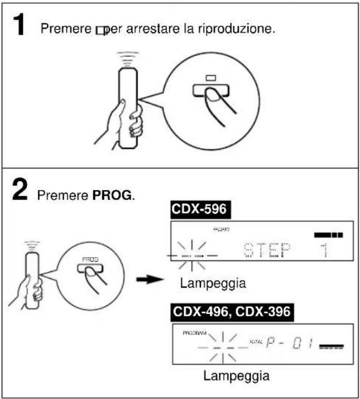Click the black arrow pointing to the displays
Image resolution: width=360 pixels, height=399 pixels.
[x=147, y=278]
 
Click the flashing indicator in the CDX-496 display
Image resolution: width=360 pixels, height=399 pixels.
[x=214, y=345]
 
